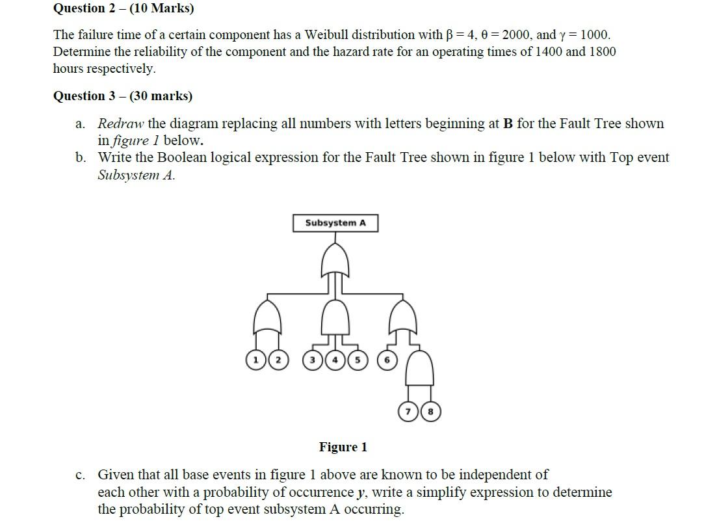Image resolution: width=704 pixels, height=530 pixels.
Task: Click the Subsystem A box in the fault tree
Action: pyautogui.click(x=335, y=223)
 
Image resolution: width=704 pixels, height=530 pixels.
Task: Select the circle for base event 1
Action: pyautogui.click(x=255, y=360)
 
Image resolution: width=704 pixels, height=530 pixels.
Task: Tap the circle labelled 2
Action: pyautogui.click(x=278, y=360)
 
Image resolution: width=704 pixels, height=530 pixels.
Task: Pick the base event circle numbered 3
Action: pyautogui.click(x=313, y=360)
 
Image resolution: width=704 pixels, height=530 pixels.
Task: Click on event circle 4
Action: pyautogui.click(x=335, y=360)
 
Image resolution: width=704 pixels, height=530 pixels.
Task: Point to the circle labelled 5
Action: pyautogui.click(x=357, y=360)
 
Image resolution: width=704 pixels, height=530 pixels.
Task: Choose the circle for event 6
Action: pyautogui.click(x=387, y=360)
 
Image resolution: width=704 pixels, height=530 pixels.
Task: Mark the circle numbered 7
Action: pyautogui.click(x=408, y=411)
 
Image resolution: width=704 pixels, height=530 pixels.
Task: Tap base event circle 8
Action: pyautogui.click(x=430, y=411)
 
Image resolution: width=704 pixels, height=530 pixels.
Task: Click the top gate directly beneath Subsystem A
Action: pyautogui.click(x=335, y=259)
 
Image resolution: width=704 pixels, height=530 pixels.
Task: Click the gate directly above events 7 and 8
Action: pyautogui.click(x=419, y=367)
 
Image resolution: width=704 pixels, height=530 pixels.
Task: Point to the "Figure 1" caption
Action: pyautogui.click(x=343, y=447)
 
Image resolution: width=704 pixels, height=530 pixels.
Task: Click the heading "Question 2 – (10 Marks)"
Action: pyautogui.click(x=123, y=8)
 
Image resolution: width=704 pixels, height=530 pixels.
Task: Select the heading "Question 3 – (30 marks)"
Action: pyautogui.click(x=122, y=96)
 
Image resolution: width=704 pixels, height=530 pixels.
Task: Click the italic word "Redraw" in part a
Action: pyautogui.click(x=121, y=124)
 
